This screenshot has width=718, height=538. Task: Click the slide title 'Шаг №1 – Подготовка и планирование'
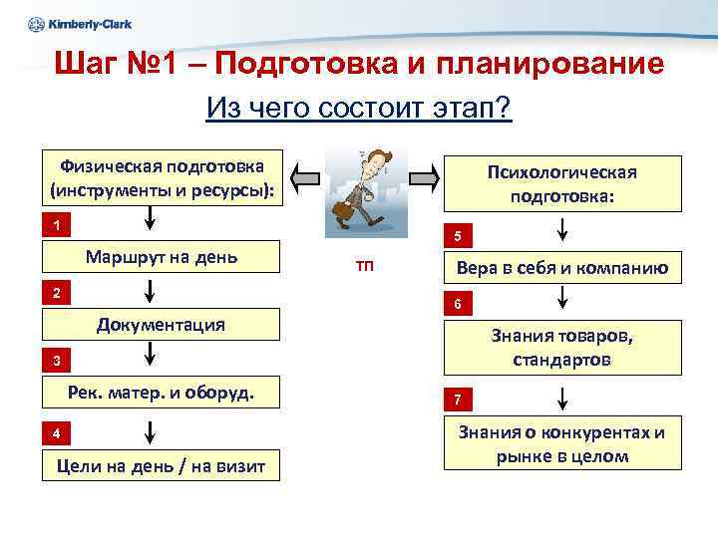click(359, 65)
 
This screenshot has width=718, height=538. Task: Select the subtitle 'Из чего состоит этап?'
click(359, 107)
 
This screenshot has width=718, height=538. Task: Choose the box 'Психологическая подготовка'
click(562, 184)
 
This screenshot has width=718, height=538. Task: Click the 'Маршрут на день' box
click(162, 258)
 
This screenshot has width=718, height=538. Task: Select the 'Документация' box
click(161, 325)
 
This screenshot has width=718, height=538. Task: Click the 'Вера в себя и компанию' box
click(562, 268)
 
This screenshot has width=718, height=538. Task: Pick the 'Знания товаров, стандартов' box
click(562, 347)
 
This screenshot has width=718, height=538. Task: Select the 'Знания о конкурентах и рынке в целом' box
click(562, 444)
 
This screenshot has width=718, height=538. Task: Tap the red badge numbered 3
click(57, 360)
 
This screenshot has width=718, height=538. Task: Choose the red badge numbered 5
click(456, 237)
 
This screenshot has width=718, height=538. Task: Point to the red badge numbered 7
click(456, 401)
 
